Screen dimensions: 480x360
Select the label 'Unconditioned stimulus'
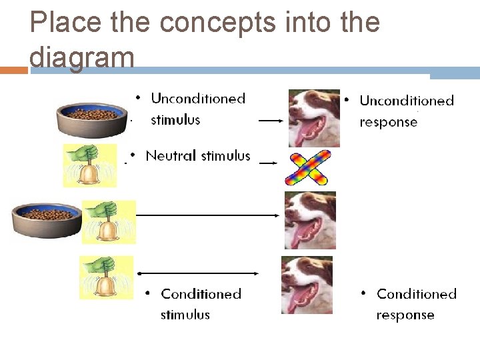point(197,109)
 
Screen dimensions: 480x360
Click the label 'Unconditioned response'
point(406,111)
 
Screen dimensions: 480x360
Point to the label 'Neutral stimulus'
point(197,156)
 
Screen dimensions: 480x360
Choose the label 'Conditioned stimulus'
point(200,304)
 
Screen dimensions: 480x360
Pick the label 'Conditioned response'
point(416,304)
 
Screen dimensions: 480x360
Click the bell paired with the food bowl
point(108,221)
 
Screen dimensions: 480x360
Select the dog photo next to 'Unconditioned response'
point(313,118)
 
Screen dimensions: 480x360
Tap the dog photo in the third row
point(309,220)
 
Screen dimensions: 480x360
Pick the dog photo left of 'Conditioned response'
point(306,285)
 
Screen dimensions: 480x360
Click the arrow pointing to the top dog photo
point(271,121)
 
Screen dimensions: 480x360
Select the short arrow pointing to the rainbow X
point(269,163)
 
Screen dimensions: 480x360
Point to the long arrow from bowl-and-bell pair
point(208,215)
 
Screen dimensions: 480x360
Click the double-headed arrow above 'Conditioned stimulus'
point(197,273)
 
